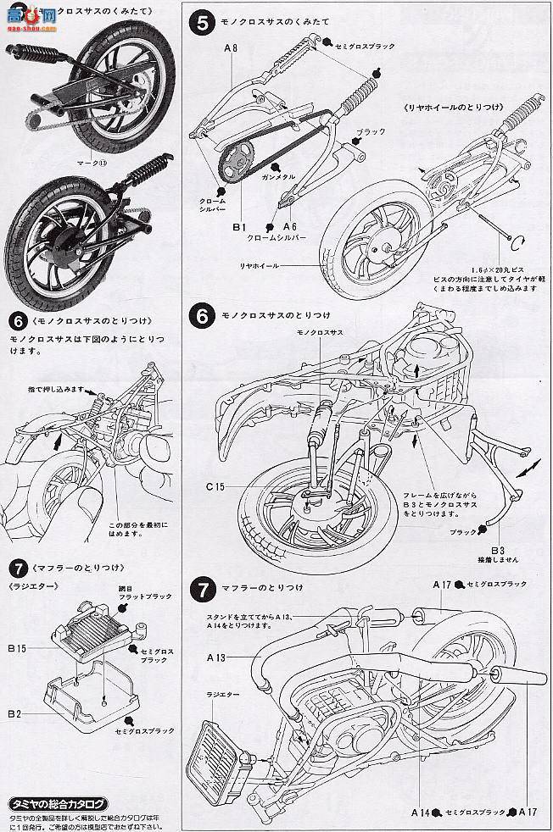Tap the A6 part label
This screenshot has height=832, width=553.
pos(288,227)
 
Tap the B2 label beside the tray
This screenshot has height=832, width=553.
pos(14,714)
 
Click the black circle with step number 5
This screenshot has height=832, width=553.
pos(201,23)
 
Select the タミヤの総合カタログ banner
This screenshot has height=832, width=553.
pos(59,804)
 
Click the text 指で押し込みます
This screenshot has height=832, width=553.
pos(55,388)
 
